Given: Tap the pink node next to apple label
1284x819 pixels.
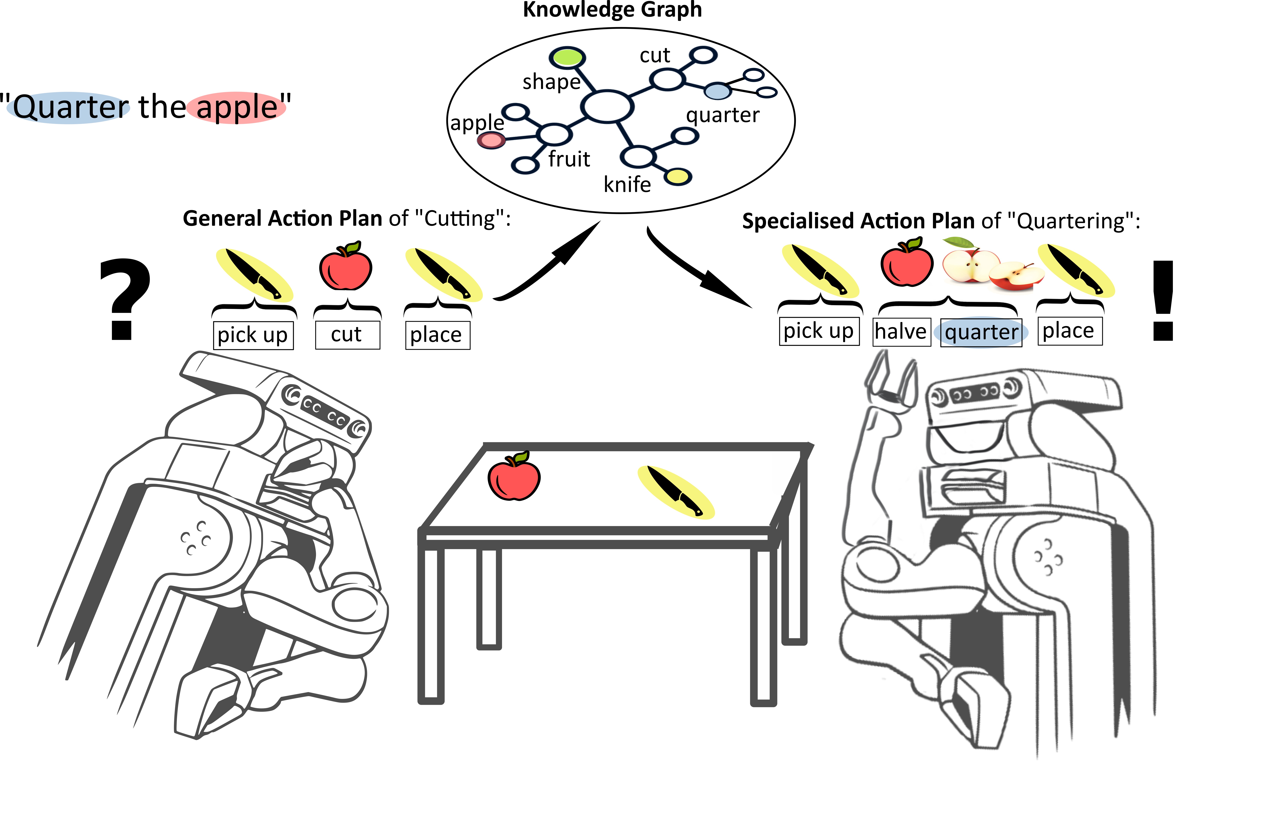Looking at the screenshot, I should click(x=490, y=140).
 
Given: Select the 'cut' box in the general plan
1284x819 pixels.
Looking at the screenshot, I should click(x=347, y=335).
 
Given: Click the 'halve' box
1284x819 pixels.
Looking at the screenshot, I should click(x=901, y=332).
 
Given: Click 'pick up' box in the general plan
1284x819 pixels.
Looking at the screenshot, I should click(x=253, y=335).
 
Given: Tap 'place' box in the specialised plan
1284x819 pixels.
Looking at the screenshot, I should click(x=1069, y=331).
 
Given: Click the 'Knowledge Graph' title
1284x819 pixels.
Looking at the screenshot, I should click(x=612, y=10).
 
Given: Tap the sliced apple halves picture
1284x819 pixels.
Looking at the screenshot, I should click(x=991, y=267).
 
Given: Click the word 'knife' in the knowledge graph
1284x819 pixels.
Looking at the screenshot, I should click(x=627, y=185).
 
